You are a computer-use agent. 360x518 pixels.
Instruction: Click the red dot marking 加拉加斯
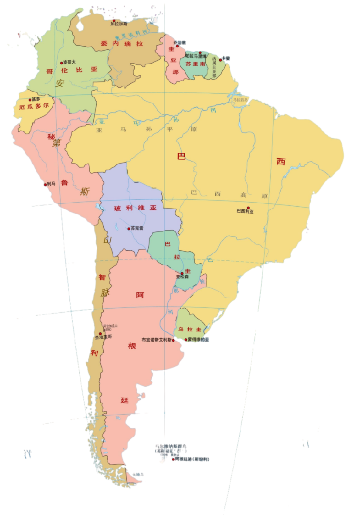pos(114,20)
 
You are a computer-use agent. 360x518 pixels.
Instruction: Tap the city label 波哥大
pos(70,62)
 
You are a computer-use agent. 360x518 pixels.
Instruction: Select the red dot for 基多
pos(30,100)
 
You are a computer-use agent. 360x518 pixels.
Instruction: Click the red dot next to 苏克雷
pos(129,228)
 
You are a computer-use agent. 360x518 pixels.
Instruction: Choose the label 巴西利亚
pos(245,211)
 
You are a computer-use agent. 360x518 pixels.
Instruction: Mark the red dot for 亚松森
pos(182,273)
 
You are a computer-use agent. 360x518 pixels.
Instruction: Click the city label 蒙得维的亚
pos(198,340)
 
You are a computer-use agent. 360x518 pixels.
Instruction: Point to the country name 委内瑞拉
pos(122,44)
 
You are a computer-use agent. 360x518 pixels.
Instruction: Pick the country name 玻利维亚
pos(135,208)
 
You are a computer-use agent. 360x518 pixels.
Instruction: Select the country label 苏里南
pos(195,63)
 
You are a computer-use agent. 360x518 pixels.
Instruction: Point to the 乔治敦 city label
pos(180,42)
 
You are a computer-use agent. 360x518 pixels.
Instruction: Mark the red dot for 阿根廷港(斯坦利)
pos(173,459)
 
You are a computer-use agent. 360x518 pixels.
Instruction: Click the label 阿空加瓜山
pos(110,326)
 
